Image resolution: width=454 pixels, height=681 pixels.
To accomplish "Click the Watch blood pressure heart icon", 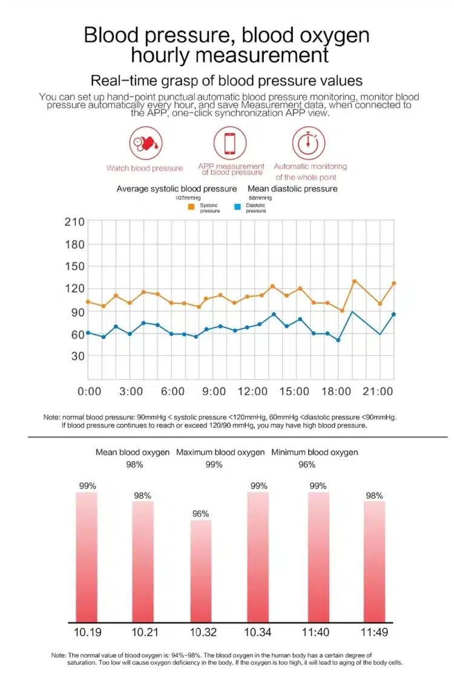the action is (145, 143).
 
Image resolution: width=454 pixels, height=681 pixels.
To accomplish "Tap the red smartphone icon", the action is (230, 143).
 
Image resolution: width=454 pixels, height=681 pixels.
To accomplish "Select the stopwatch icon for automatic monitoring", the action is (309, 143).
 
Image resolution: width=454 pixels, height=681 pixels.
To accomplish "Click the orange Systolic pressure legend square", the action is (191, 207).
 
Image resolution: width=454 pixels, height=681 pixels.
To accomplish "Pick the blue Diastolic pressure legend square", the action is (237, 207).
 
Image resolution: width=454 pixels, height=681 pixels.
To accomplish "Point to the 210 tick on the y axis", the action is (74, 222).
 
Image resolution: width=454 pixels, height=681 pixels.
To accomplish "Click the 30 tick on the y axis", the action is (77, 356).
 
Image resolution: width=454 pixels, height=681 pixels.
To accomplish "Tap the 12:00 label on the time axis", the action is (252, 391).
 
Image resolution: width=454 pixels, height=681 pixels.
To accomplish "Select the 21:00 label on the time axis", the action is (378, 391).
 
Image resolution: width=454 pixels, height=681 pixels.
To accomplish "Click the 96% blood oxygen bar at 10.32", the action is (201, 571).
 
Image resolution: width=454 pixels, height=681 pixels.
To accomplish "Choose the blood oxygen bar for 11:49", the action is (374, 562).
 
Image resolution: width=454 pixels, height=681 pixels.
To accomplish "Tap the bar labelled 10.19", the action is (87, 557).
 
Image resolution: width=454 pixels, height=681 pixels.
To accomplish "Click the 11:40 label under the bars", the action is (315, 632).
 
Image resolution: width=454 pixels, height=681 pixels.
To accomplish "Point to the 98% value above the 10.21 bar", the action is (142, 496).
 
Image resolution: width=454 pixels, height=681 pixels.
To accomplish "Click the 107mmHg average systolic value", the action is (188, 197).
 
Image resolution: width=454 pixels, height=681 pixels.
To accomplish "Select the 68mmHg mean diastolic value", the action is (260, 197).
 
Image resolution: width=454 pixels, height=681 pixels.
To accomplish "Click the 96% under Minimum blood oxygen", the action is (307, 465).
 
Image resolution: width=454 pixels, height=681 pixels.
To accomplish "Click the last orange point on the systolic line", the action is (394, 283).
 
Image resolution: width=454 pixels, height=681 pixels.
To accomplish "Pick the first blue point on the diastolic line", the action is (88, 333).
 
